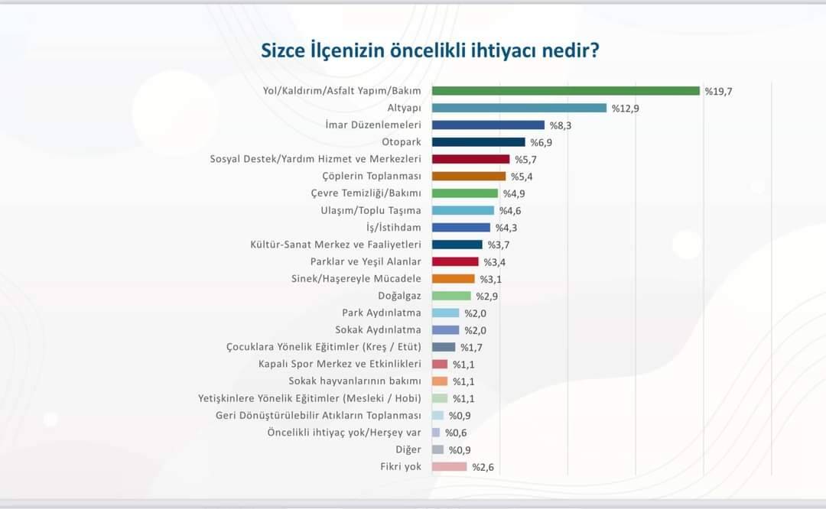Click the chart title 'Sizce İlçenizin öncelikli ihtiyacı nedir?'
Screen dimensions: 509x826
[x=430, y=51]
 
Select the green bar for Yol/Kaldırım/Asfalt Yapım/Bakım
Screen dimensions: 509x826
[x=566, y=91]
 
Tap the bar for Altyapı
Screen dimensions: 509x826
[x=519, y=109]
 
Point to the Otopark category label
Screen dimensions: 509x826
[x=402, y=142]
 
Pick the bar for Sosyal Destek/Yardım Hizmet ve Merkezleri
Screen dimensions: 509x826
[x=470, y=159]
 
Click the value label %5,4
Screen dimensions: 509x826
[x=522, y=177]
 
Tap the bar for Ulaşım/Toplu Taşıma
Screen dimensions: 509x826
[x=463, y=210]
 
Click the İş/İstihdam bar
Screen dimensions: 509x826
[x=460, y=228]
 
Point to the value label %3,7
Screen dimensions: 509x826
[x=499, y=245]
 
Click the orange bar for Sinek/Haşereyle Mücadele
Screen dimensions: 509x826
[x=453, y=279]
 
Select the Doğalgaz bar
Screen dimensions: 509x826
[x=451, y=296]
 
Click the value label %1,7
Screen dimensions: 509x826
[x=471, y=347]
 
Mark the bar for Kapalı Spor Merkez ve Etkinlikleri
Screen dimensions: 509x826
[x=440, y=365]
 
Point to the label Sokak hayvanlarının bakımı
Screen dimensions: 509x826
[x=355, y=381]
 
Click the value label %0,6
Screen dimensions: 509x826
[x=457, y=433]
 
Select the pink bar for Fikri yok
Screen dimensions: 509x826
[x=449, y=467]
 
